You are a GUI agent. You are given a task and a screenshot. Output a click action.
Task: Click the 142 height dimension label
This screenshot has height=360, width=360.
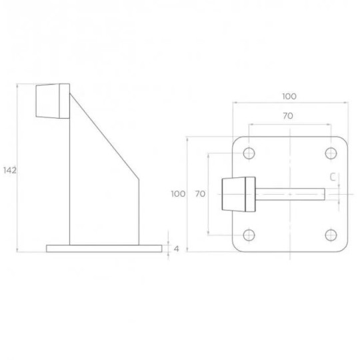[x=9, y=171]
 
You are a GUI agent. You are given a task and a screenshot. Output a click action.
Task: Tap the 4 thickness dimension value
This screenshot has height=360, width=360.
[x=177, y=249]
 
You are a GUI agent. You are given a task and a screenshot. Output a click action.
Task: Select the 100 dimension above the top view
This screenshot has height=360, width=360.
[x=289, y=97]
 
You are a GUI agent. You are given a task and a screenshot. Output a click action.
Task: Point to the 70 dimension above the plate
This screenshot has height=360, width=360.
[x=288, y=116]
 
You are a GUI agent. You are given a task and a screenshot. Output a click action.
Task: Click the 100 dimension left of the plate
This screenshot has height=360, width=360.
[x=177, y=194]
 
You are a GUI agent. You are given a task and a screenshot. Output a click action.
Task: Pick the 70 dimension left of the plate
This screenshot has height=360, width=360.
[x=199, y=194]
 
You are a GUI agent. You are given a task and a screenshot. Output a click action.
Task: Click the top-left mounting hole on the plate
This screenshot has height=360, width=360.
[x=249, y=153]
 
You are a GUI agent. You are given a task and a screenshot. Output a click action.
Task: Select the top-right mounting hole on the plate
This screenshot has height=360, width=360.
[x=331, y=153]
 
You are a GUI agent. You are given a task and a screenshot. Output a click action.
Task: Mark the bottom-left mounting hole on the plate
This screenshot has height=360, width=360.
[x=249, y=235]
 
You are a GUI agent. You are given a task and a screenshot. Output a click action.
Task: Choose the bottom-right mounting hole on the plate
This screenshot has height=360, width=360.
[x=331, y=235]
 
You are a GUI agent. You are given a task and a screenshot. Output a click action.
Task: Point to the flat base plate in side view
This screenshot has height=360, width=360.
[x=103, y=249]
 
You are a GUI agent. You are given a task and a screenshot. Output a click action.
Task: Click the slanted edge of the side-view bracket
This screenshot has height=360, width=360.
[x=103, y=133]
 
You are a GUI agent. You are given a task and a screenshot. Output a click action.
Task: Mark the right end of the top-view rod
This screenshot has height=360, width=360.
[x=324, y=195]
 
